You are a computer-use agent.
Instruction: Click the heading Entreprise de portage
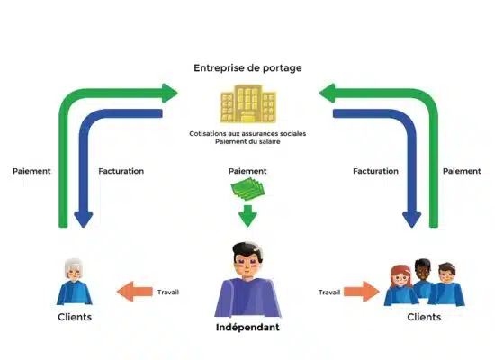[247, 68]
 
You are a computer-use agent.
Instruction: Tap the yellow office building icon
[248, 103]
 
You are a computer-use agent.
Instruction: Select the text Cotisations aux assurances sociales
[247, 133]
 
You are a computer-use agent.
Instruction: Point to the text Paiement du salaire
[247, 141]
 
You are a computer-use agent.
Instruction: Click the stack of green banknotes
[247, 189]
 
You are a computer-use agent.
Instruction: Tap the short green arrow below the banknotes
[247, 216]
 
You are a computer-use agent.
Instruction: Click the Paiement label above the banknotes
[247, 171]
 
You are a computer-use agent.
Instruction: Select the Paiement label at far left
[31, 171]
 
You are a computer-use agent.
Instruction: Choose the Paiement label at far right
[462, 171]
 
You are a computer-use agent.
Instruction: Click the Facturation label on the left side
[121, 171]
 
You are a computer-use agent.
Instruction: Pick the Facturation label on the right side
[375, 171]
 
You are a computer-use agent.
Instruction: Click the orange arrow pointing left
[135, 292]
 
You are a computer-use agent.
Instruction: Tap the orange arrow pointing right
[362, 292]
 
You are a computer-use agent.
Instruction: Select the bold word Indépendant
[247, 328]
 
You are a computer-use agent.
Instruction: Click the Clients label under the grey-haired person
[75, 317]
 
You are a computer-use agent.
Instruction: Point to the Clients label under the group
[424, 317]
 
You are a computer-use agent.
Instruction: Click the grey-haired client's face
[74, 274]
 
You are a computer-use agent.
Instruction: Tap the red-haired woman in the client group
[400, 286]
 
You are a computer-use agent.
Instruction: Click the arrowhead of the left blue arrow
[84, 220]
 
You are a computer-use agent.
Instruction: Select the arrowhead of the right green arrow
[327, 94]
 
